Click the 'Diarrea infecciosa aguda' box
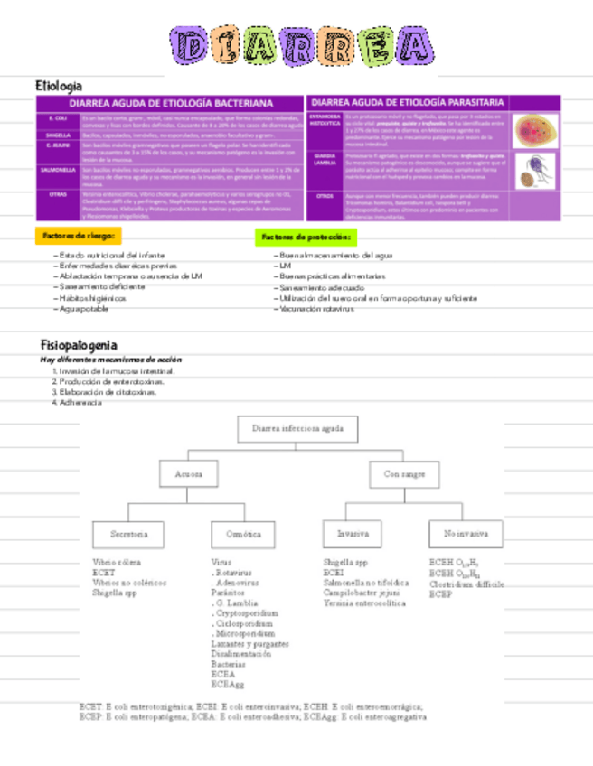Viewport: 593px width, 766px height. point(298,429)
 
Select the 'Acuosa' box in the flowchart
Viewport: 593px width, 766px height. point(190,473)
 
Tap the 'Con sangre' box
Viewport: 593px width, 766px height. point(405,473)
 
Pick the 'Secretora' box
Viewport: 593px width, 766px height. point(129,534)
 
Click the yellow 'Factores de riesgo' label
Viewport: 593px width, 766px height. point(78,236)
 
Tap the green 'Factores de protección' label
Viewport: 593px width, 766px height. point(306,237)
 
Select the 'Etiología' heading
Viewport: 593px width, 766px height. point(59,85)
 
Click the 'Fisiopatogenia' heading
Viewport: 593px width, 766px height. point(79,345)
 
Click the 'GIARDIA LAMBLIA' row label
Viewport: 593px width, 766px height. point(325,160)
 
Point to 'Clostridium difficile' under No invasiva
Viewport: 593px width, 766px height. point(466,584)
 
